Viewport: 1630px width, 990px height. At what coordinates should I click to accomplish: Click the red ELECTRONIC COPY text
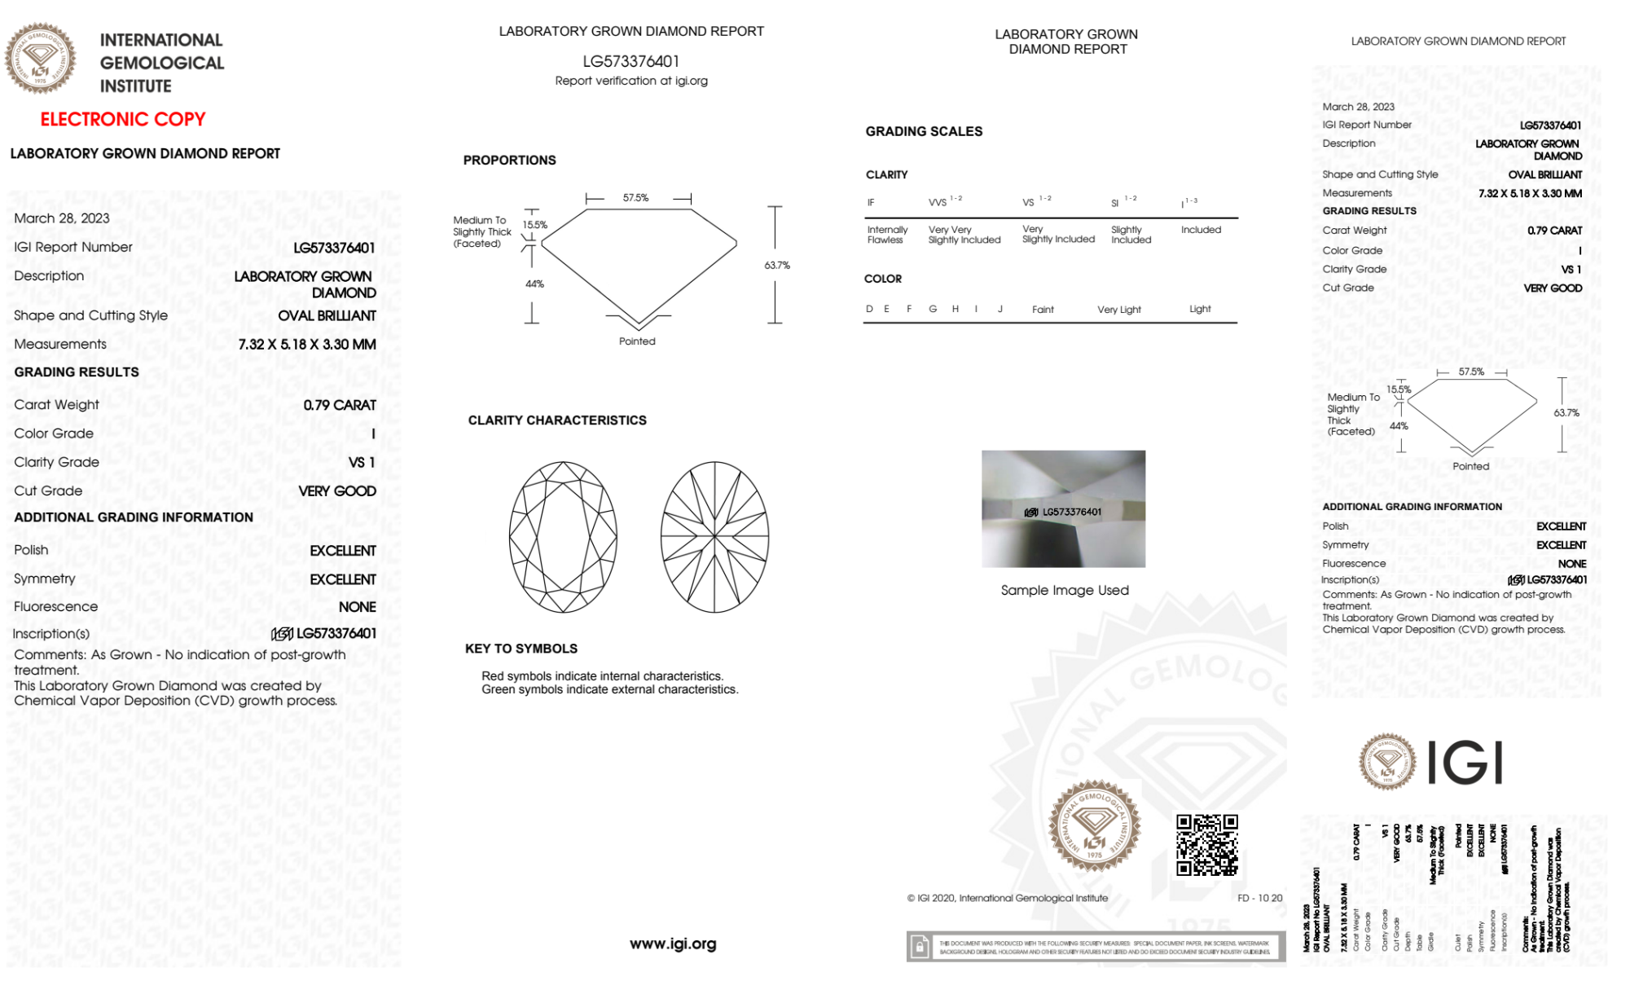[x=123, y=119]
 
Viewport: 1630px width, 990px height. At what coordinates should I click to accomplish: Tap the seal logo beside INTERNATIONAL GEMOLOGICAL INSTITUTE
[x=40, y=58]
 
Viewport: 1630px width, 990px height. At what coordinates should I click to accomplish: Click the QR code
[x=1206, y=844]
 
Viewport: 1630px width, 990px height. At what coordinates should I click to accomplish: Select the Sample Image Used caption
[x=1065, y=590]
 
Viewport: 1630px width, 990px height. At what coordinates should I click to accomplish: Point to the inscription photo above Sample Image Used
[x=1063, y=508]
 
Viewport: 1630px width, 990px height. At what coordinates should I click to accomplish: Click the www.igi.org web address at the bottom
[x=673, y=944]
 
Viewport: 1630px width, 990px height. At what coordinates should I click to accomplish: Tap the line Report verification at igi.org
[x=631, y=81]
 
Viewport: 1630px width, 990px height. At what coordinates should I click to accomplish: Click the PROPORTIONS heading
[x=510, y=160]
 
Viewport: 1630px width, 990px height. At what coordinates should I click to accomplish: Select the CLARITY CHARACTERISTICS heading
[x=557, y=420]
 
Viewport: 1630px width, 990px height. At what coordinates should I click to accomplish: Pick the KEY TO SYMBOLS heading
[x=521, y=649]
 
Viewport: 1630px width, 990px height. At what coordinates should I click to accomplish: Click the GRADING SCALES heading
[x=924, y=131]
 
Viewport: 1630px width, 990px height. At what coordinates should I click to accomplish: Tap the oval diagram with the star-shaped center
[x=714, y=537]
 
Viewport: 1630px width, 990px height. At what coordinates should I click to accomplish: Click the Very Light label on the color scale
[x=1118, y=310]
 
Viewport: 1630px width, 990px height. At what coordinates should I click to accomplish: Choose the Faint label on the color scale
[x=1043, y=310]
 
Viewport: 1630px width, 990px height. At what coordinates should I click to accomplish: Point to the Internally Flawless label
[x=886, y=235]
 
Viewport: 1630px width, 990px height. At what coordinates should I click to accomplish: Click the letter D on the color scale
[x=869, y=309]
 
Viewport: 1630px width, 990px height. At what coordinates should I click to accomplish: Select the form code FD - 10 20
[x=1259, y=898]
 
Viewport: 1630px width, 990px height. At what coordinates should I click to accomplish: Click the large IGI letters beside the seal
[x=1465, y=763]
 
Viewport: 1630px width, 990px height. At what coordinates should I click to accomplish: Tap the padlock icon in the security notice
[x=920, y=947]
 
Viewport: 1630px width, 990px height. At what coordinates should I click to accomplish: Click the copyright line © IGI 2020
[x=1008, y=898]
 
